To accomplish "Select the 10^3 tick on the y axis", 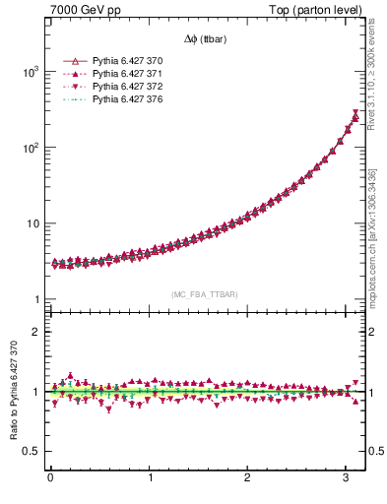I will click(32, 72).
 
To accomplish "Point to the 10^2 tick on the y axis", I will click(32, 148).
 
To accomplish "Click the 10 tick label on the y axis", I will click(33, 223).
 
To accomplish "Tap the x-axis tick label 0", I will click(50, 478).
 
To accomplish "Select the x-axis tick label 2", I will click(248, 478).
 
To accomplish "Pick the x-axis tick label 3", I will click(347, 478).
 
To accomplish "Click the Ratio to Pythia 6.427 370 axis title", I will click(12, 392).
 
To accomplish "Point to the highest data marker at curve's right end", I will click(355, 115).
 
